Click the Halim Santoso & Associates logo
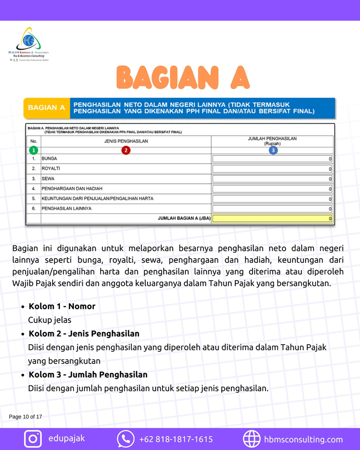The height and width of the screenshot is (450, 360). click(x=28, y=43)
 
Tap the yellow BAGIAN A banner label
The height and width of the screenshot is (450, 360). click(x=46, y=108)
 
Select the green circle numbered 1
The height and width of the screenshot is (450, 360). click(x=34, y=150)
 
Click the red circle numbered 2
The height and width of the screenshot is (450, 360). click(x=126, y=150)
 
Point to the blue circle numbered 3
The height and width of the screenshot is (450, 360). click(x=273, y=150)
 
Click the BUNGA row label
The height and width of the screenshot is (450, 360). click(x=49, y=159)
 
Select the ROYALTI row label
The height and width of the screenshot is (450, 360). click(x=51, y=169)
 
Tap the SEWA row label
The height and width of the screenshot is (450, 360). click(x=48, y=179)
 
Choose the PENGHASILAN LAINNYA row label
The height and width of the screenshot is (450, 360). click(x=67, y=209)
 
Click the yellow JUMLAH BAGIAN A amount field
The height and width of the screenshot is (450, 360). click(x=272, y=219)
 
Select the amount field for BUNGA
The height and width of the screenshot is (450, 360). click(x=272, y=159)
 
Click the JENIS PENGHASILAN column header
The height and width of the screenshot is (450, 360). click(x=126, y=141)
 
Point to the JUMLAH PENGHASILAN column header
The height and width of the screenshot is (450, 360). click(x=272, y=141)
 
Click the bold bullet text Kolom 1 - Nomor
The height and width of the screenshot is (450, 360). click(x=62, y=306)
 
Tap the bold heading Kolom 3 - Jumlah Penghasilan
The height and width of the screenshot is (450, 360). click(x=88, y=374)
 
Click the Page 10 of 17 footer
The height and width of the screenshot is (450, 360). click(x=26, y=417)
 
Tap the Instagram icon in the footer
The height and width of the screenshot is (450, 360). click(x=32, y=439)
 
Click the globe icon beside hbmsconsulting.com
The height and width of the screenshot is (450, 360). click(x=252, y=439)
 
